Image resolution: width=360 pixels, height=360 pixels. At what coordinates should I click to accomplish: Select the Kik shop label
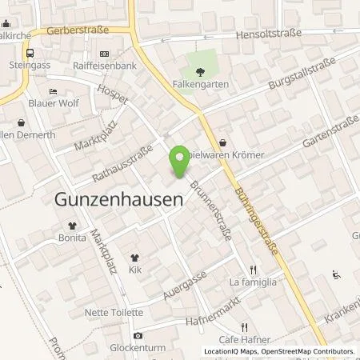click(134, 270)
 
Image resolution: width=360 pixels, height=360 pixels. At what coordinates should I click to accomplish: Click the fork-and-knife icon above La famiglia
click(253, 270)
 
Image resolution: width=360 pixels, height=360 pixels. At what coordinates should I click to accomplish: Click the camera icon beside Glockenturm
click(138, 335)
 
